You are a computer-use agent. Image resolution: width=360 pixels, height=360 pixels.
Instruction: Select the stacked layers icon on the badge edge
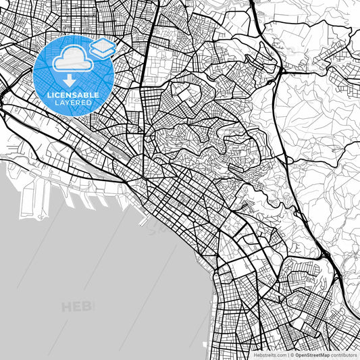pyautogui.click(x=103, y=48)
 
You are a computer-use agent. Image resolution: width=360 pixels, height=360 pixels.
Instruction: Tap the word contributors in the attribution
pyautogui.click(x=343, y=354)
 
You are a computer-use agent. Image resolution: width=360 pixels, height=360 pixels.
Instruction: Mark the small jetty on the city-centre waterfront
pyautogui.click(x=141, y=220)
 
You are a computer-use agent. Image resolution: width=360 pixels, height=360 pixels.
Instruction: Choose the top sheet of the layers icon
pyautogui.click(x=103, y=45)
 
